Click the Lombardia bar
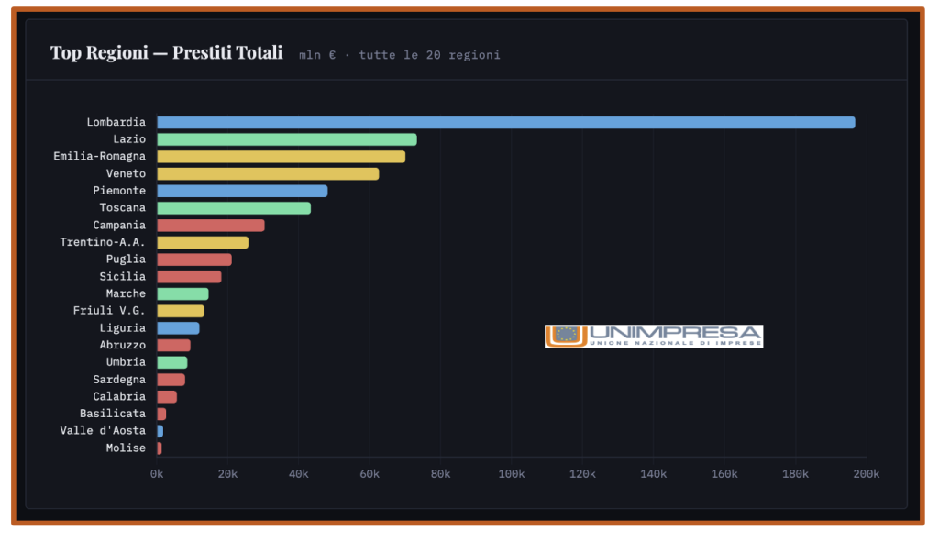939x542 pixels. click(x=505, y=122)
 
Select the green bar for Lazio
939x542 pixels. click(x=287, y=139)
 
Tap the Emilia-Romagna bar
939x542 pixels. click(x=281, y=157)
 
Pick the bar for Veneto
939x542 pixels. click(x=268, y=173)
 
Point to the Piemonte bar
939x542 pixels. click(x=242, y=191)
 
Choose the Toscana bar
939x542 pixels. click(x=234, y=208)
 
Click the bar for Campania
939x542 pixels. click(x=211, y=225)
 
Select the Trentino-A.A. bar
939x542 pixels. click(x=203, y=242)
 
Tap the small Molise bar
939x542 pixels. click(x=160, y=448)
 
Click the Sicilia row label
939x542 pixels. click(x=122, y=276)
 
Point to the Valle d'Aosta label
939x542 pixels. click(x=103, y=430)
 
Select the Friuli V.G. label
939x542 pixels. click(x=109, y=311)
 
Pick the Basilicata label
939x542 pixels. click(x=113, y=414)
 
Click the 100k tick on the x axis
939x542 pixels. click(x=511, y=474)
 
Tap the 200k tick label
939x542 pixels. click(x=866, y=474)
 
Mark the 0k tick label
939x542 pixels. click(x=157, y=474)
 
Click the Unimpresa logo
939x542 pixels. click(x=653, y=336)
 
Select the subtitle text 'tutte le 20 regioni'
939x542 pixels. click(x=429, y=55)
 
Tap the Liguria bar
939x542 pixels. click(x=178, y=327)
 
